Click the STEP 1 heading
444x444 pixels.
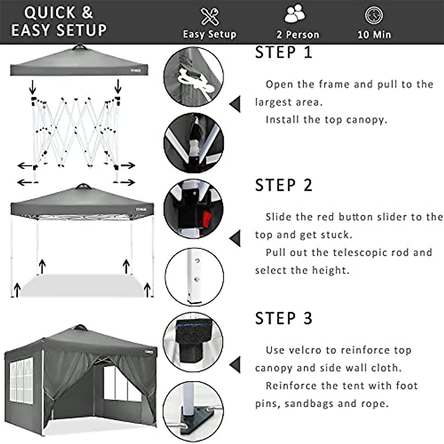coord(283,53)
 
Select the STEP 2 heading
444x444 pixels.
coord(283,185)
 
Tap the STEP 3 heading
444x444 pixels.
coord(283,319)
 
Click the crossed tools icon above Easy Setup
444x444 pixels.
coord(209,16)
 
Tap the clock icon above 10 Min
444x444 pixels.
coord(374,16)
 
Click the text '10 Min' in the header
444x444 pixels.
coord(374,35)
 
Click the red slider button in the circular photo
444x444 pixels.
coord(206,218)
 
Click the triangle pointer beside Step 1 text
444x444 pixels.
coord(235,104)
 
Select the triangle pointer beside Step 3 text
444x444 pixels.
coord(235,365)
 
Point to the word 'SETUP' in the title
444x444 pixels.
coord(80,30)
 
